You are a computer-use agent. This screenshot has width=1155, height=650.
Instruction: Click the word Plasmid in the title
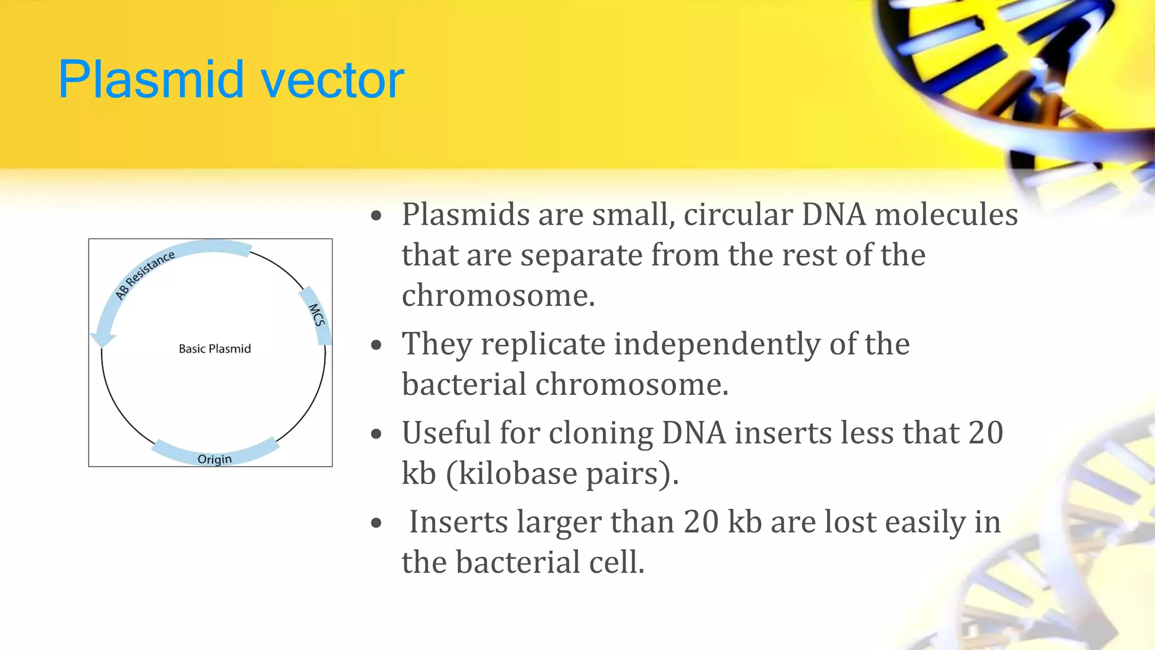[x=151, y=80]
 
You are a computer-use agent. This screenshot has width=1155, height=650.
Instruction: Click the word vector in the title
[x=333, y=80]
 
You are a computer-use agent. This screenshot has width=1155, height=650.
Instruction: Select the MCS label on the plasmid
[x=317, y=315]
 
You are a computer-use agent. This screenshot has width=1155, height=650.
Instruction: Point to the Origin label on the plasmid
[x=214, y=459]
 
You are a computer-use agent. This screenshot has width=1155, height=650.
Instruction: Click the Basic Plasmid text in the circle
[x=214, y=349]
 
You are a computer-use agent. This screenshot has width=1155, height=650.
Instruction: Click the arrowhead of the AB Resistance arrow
[x=103, y=339]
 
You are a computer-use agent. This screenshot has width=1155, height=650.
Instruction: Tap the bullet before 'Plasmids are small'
[x=377, y=216]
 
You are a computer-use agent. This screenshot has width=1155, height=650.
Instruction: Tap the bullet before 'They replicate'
[x=377, y=345]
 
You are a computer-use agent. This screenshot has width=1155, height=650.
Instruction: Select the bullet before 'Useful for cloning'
[x=377, y=434]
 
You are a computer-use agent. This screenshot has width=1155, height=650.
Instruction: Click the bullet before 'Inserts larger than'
[x=377, y=524]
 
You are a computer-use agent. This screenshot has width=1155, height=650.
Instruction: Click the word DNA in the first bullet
[x=834, y=215]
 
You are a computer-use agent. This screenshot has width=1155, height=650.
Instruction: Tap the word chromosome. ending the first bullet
[x=498, y=296]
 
